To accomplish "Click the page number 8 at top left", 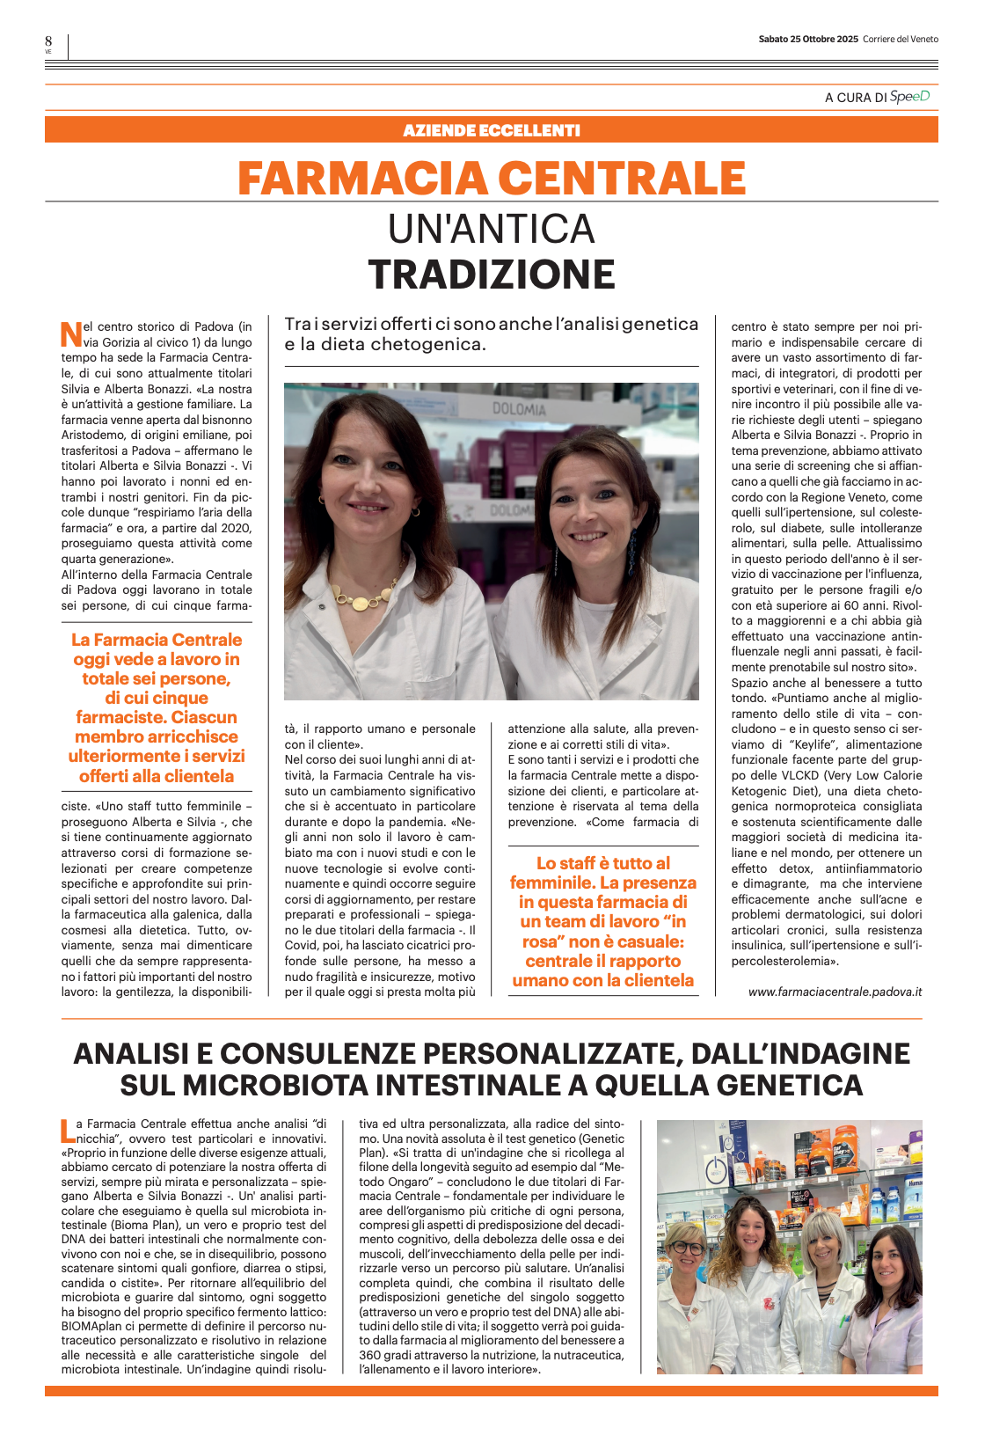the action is (x=48, y=41).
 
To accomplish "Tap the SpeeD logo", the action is (x=909, y=97).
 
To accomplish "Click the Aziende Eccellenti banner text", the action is (x=492, y=131).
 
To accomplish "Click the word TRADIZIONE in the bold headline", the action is (x=492, y=275).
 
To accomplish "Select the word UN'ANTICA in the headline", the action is (x=492, y=230).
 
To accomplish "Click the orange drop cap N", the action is (x=70, y=334).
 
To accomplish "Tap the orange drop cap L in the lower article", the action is (x=67, y=1131).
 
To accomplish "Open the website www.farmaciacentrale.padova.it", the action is (x=835, y=992).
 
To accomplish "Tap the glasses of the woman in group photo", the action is (x=689, y=1247).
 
